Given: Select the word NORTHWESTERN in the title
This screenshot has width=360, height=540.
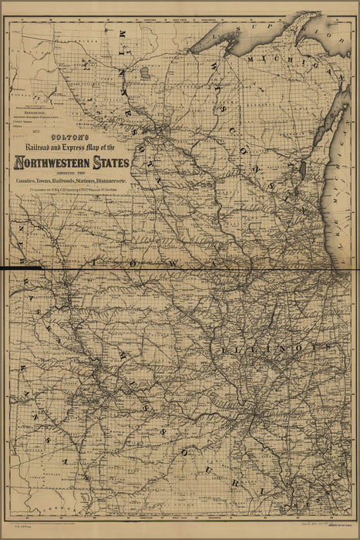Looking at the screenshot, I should [x=53, y=163].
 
